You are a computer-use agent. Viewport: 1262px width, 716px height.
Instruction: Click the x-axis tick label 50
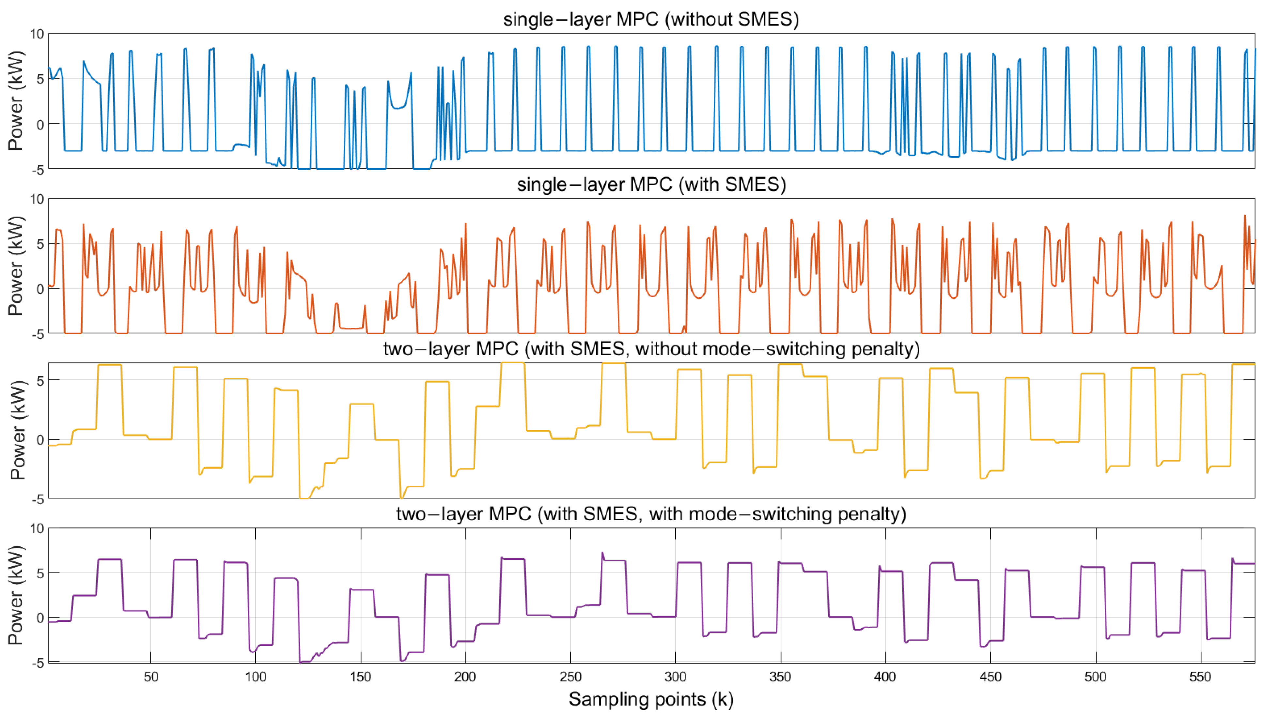click(x=150, y=677)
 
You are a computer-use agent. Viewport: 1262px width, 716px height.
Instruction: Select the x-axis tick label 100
click(x=255, y=677)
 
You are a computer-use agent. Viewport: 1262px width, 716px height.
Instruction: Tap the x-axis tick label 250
click(x=570, y=677)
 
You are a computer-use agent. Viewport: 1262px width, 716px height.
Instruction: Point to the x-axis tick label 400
click(x=885, y=677)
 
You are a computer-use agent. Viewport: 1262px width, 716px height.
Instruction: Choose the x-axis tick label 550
click(x=1200, y=677)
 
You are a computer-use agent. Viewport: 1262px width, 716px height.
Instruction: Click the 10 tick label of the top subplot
click(x=37, y=34)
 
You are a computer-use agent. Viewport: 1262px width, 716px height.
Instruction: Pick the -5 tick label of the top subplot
click(x=37, y=170)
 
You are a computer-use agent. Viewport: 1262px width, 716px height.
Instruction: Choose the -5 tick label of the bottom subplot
click(x=37, y=663)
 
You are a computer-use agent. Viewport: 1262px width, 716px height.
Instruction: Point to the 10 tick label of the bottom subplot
click(x=37, y=529)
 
